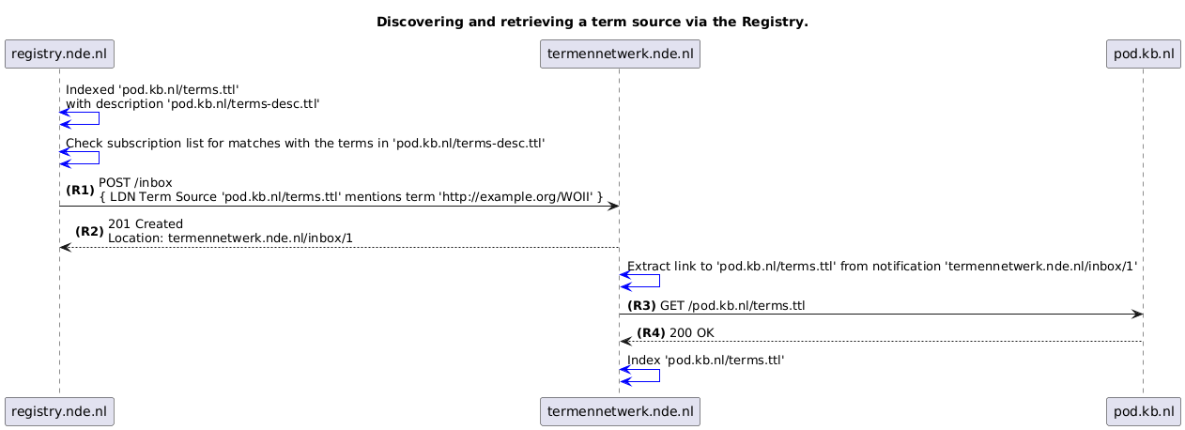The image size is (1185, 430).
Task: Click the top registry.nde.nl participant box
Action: click(59, 54)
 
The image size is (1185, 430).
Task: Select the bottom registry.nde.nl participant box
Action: click(59, 411)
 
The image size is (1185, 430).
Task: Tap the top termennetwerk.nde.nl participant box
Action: click(620, 54)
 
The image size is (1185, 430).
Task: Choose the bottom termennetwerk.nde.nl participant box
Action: click(620, 411)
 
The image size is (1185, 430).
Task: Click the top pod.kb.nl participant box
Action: click(1143, 54)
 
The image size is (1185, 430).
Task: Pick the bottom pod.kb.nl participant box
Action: click(1143, 411)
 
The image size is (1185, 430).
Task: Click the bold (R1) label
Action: click(80, 191)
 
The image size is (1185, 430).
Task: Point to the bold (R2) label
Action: click(89, 232)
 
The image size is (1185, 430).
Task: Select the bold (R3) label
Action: click(641, 306)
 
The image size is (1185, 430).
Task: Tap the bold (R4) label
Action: click(651, 333)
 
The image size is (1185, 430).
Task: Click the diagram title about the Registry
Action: click(592, 23)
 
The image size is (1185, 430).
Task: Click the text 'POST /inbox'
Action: click(135, 183)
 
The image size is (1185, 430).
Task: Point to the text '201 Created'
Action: click(146, 224)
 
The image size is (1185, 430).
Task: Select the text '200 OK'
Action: click(692, 333)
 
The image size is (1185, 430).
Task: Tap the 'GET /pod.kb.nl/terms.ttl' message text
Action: click(732, 306)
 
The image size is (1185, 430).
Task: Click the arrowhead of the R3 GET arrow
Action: click(1137, 315)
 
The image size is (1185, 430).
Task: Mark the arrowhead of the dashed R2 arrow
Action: click(65, 248)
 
